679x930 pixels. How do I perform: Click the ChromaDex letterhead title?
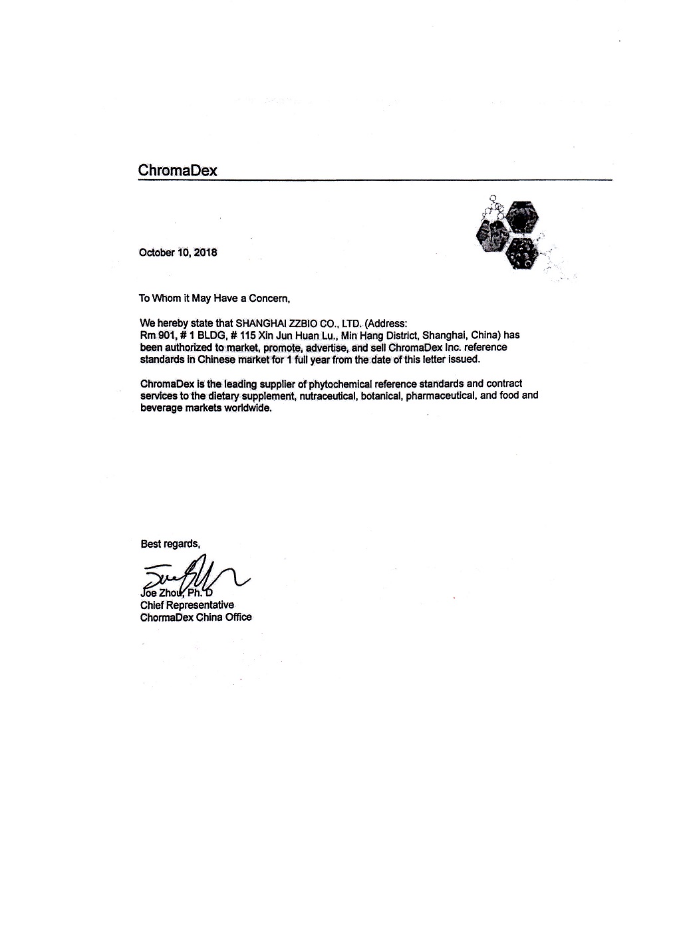[178, 170]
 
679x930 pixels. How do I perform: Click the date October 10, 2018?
[178, 253]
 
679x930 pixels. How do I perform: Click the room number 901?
[166, 335]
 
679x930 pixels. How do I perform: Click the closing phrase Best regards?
[170, 544]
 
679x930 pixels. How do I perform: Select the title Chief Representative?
[187, 605]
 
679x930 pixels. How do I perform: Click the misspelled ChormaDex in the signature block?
[166, 617]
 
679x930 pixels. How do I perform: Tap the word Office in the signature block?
[237, 617]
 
